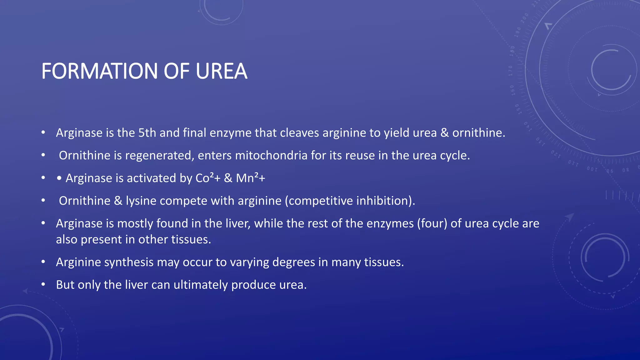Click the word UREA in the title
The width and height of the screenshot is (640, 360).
[x=221, y=71]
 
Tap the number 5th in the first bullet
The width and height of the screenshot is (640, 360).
[x=147, y=133]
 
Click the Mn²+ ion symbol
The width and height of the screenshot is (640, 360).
[x=250, y=178]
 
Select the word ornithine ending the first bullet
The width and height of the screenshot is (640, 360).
[x=478, y=133]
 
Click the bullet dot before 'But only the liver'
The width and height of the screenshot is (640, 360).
[x=43, y=284]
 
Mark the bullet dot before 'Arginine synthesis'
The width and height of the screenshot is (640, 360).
[x=43, y=262]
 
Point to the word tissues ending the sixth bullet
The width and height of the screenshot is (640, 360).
[x=384, y=262]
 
